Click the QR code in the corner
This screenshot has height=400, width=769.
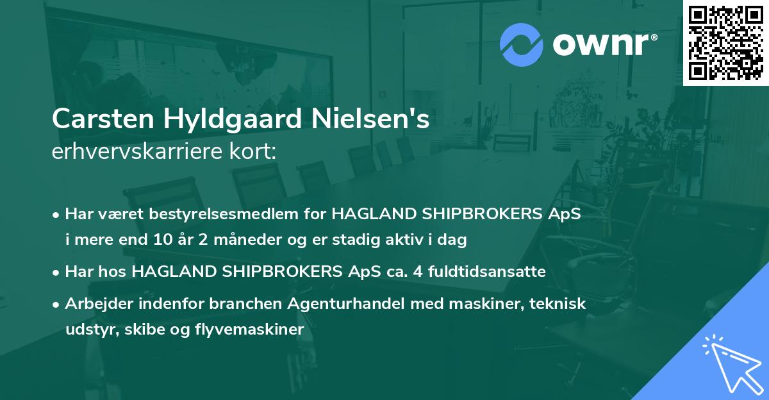click(725, 43)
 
